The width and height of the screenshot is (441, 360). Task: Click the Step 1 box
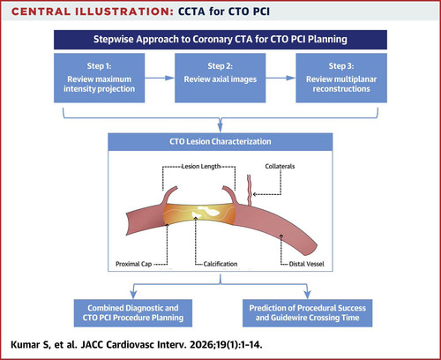click(x=99, y=78)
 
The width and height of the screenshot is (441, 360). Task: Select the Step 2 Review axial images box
click(x=220, y=78)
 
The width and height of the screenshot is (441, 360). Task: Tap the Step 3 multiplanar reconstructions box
click(x=341, y=78)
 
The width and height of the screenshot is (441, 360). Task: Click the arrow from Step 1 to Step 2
click(x=160, y=78)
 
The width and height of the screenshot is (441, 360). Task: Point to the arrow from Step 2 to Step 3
click(x=280, y=78)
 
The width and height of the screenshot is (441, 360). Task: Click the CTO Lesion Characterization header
click(x=220, y=142)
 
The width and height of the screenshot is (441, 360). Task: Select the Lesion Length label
click(x=201, y=167)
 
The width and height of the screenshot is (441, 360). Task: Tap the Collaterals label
click(x=280, y=166)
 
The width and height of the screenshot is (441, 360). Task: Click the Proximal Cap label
click(x=133, y=264)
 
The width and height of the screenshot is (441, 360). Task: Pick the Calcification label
click(x=220, y=264)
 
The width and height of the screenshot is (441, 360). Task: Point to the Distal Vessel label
click(x=307, y=264)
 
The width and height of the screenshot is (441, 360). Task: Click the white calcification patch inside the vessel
click(x=203, y=212)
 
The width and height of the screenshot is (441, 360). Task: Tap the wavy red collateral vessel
click(x=250, y=191)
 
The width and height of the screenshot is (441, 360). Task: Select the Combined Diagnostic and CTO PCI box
click(x=133, y=313)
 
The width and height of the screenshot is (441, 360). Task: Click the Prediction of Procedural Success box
click(x=308, y=313)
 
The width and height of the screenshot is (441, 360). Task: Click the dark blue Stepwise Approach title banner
click(x=220, y=40)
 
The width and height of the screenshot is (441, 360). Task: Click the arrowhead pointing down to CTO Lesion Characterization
click(x=220, y=127)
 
